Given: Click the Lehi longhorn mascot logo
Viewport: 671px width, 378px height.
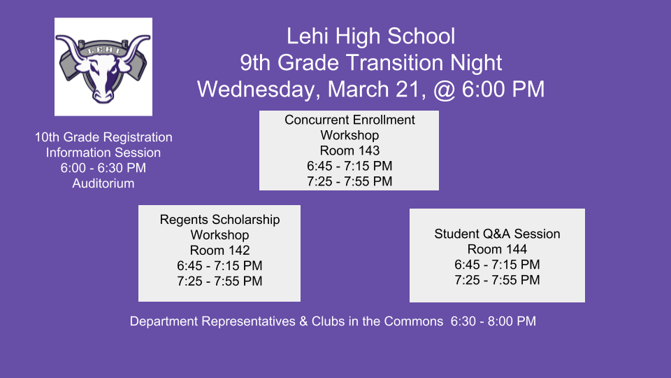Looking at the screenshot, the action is [103, 67].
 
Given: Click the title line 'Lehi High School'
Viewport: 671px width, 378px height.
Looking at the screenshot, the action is [370, 36].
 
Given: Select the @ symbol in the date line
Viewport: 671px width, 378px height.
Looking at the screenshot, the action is [445, 90].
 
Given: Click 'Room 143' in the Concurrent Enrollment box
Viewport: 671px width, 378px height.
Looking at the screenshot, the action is [349, 150].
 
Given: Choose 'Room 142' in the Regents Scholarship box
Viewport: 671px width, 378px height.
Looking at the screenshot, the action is [219, 251].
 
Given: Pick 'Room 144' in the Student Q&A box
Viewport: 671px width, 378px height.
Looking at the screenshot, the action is [497, 249].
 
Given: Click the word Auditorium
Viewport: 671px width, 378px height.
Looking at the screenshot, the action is [103, 183].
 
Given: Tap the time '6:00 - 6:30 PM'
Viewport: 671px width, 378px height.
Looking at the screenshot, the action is [103, 168].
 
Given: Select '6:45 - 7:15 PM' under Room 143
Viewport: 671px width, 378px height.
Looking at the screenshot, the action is [349, 166].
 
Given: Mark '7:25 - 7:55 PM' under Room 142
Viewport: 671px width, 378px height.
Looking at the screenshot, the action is [219, 281].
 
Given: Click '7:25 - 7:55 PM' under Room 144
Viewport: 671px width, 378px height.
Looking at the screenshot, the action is [497, 280].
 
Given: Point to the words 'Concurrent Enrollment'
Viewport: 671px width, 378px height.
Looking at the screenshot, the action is [349, 120].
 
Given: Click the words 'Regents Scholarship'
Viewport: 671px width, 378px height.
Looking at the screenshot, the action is [219, 220].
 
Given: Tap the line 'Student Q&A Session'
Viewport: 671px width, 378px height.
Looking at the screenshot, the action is [497, 234].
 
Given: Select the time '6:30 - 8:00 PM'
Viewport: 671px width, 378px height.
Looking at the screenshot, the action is [493, 321].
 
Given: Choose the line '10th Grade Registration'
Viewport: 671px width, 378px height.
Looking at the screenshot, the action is [103, 137].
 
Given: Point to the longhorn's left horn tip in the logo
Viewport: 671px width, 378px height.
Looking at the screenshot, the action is [57, 37].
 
